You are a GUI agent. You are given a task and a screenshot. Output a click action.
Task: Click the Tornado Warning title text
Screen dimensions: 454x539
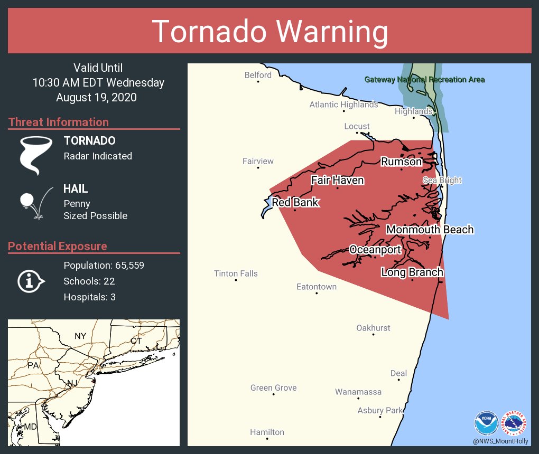[269, 32]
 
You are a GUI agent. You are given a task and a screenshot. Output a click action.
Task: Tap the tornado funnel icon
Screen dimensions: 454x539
[35, 155]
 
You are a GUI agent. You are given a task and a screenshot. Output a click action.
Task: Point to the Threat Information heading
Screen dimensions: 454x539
[59, 122]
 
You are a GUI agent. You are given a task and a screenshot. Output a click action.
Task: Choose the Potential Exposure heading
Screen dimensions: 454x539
[58, 246]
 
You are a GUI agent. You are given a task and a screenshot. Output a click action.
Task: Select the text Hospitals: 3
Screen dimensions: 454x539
[89, 297]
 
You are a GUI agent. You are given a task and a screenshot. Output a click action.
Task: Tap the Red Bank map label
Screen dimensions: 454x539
[295, 202]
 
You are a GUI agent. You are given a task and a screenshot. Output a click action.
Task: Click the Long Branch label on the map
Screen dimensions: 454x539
[412, 272]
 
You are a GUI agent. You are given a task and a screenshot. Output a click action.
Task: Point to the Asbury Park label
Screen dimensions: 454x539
[380, 410]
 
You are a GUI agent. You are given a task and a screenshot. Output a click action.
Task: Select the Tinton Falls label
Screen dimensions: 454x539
[236, 273]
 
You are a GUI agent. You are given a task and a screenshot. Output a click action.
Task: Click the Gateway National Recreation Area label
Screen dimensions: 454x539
[424, 80]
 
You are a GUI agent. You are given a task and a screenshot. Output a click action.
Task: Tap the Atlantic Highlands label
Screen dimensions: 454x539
[343, 105]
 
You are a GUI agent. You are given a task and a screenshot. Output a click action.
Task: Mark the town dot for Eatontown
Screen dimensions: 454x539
[317, 293]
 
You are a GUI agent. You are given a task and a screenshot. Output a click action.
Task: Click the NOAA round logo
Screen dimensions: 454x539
[486, 423]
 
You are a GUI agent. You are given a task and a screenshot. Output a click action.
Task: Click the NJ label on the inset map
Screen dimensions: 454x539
[72, 382]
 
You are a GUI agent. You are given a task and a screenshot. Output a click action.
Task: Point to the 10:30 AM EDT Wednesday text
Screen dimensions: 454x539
[98, 83]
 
